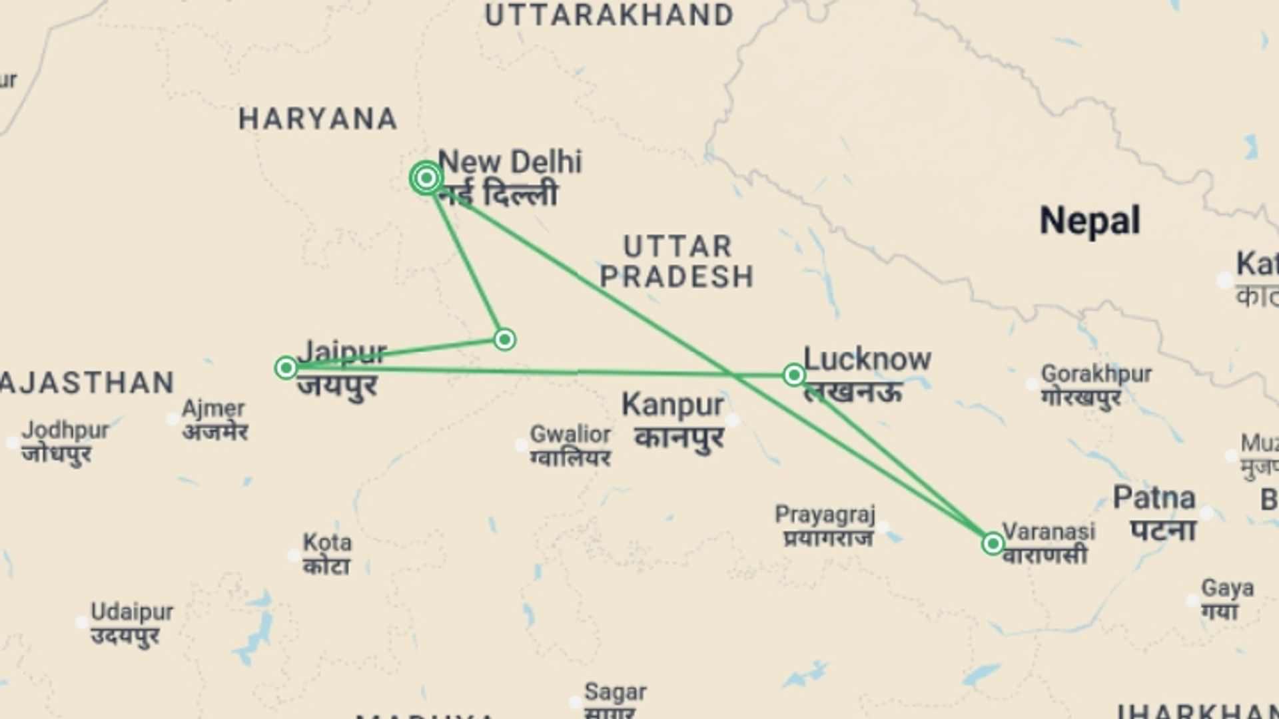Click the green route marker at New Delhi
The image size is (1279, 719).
click(426, 178)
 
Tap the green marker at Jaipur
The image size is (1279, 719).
click(286, 367)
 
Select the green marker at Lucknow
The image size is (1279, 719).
click(793, 375)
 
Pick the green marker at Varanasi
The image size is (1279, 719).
click(993, 544)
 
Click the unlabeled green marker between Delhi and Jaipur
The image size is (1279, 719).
click(504, 340)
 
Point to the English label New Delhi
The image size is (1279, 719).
click(510, 162)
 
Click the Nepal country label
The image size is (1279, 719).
click(1090, 220)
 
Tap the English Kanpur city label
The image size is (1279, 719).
click(672, 405)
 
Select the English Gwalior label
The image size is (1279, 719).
click(570, 434)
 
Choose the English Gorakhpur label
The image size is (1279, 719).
click(1096, 373)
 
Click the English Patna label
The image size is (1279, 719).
click(1154, 498)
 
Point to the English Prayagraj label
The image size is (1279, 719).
click(825, 515)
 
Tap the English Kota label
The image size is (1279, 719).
click(326, 542)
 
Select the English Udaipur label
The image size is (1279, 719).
click(132, 611)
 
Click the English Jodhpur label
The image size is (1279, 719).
click(65, 430)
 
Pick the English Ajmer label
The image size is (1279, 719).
click(213, 408)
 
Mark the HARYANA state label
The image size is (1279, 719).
click(318, 119)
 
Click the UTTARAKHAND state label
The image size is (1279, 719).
click(609, 15)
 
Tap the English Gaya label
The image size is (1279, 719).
click(1227, 589)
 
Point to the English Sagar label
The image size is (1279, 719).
click(615, 692)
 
